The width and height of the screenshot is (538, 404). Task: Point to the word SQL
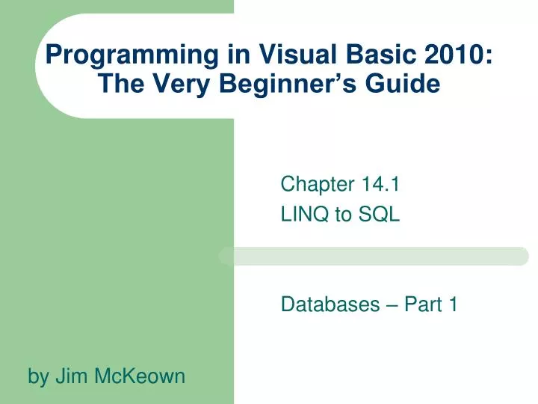379,215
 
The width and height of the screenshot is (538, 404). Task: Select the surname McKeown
139,376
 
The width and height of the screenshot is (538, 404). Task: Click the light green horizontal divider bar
374,257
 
